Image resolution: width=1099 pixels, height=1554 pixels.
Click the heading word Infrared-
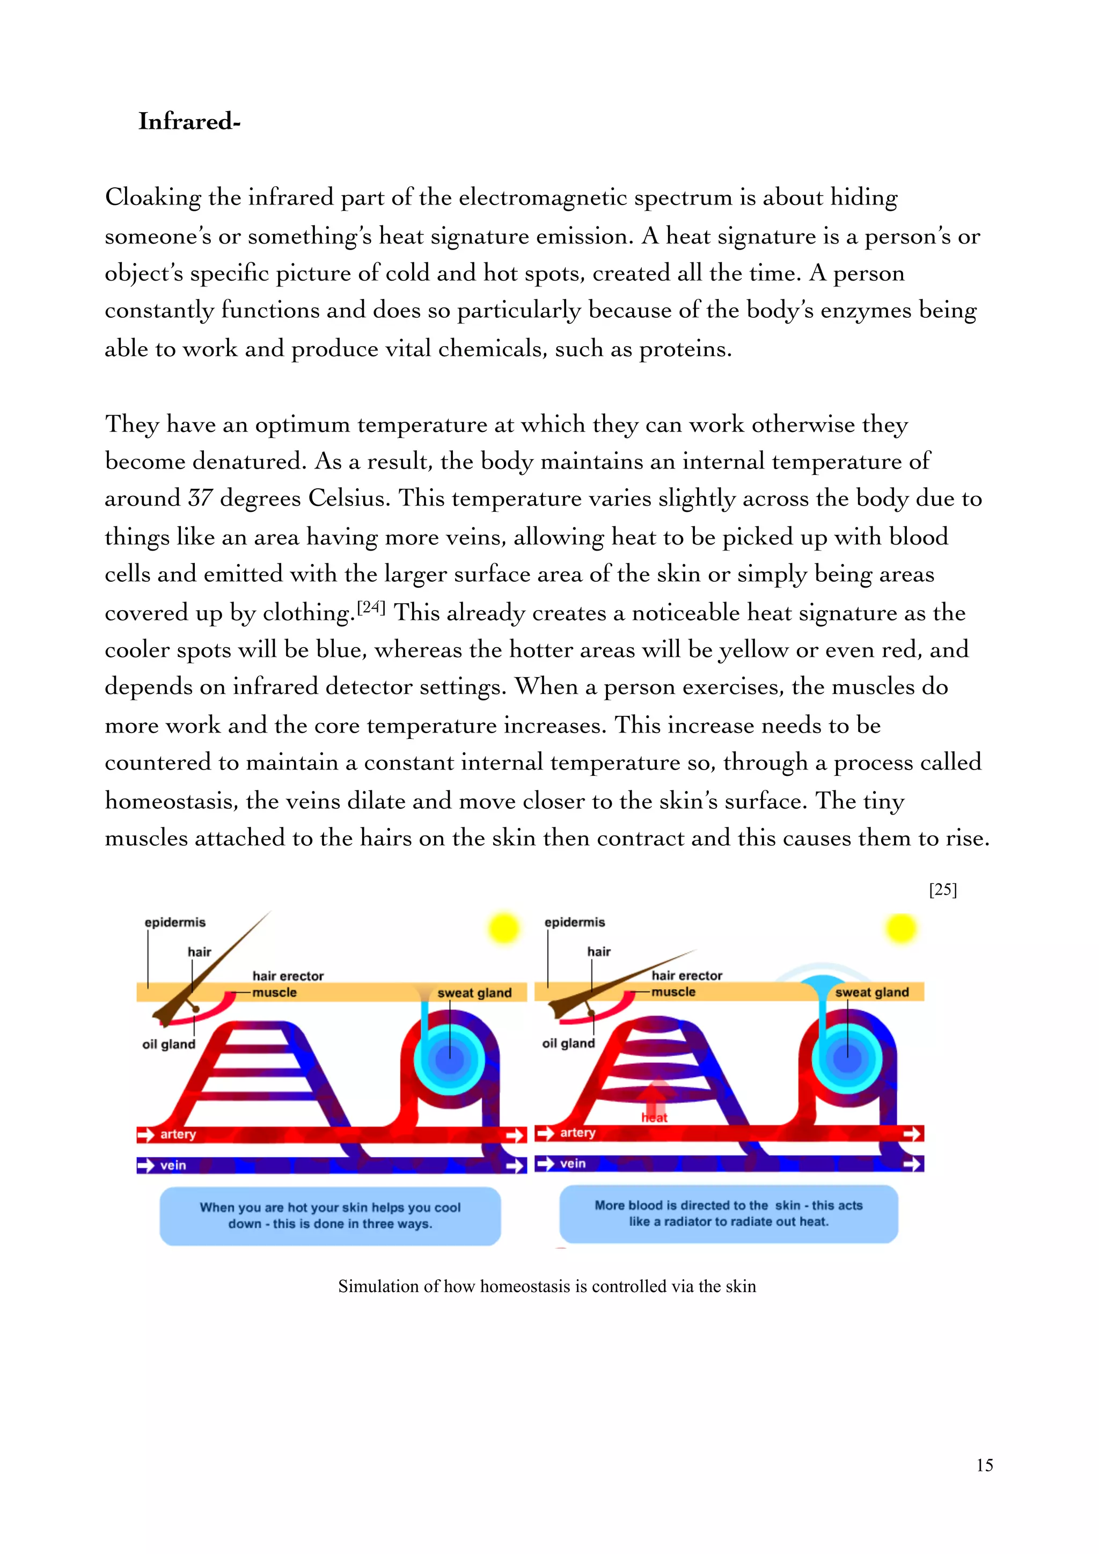tap(189, 122)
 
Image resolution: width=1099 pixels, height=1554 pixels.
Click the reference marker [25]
tap(943, 889)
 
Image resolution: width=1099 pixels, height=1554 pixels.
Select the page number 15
tap(985, 1465)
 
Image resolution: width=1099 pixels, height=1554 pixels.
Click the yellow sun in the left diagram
tap(503, 928)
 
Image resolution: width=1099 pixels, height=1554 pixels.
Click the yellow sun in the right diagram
tap(901, 928)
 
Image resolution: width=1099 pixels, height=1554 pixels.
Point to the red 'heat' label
tap(654, 1117)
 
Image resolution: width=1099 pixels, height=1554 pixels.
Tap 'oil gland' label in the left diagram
tap(168, 1044)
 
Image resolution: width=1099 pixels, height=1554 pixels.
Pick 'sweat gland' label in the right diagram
tap(871, 992)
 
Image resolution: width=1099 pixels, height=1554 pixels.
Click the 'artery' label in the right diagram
tap(577, 1132)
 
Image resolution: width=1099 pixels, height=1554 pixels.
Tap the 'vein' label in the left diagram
tap(173, 1165)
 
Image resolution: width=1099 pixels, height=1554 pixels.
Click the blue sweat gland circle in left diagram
tap(449, 1058)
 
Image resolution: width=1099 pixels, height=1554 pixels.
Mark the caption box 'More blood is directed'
tap(729, 1214)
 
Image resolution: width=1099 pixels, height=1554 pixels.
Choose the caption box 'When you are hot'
tap(330, 1215)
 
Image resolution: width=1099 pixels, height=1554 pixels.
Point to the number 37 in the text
tap(200, 499)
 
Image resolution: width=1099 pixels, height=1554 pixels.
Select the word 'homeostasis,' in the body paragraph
tap(171, 801)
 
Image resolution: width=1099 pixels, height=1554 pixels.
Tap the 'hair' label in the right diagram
tap(599, 951)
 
